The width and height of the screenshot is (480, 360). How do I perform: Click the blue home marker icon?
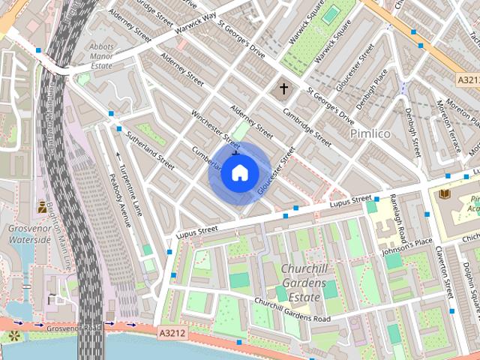[239, 173]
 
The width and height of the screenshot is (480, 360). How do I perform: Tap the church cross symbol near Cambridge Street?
[283, 89]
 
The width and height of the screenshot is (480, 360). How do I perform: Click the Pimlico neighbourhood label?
[370, 133]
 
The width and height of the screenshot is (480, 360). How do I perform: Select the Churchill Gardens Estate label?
[303, 283]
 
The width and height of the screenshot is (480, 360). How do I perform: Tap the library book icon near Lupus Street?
[444, 193]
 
